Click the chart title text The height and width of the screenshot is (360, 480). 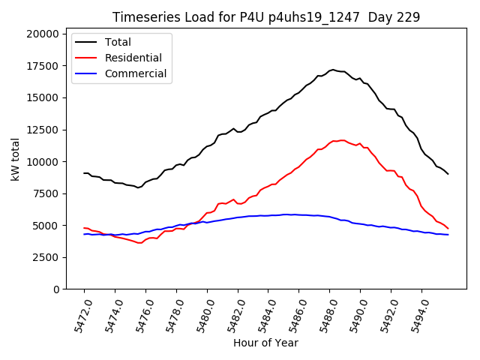(x=266, y=17)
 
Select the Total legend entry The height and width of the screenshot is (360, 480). (x=118, y=42)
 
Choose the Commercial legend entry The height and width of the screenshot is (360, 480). (x=136, y=74)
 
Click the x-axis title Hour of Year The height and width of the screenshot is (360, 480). (x=265, y=343)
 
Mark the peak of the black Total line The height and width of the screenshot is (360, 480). (x=332, y=70)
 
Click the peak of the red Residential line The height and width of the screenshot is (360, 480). (x=342, y=140)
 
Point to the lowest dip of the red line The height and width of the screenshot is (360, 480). (x=139, y=243)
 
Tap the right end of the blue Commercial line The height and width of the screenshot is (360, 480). (x=448, y=235)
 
